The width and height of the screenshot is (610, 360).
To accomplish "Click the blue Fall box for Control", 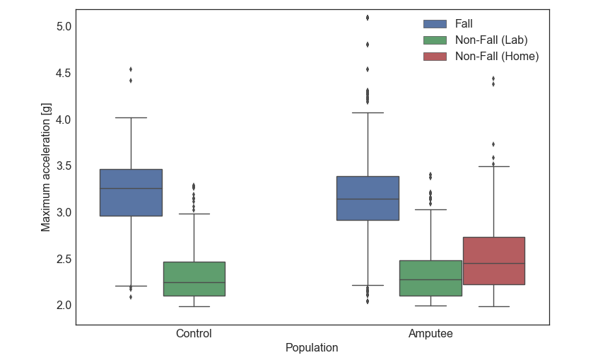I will coord(131,192).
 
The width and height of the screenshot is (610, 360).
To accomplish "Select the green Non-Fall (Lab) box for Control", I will coord(194,279).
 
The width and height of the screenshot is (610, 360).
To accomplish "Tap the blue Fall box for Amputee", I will coord(368,198).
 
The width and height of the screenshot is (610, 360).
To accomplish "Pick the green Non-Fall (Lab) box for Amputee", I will coord(430,278).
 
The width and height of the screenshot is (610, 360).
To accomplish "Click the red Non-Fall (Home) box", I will coord(493,261).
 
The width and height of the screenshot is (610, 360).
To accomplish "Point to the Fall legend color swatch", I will coord(435,24).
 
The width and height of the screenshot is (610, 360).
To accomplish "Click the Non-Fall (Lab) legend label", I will coord(491,40).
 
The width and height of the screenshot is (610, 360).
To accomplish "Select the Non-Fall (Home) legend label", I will coord(497,57).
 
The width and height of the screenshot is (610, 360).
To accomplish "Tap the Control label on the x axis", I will coord(194,333).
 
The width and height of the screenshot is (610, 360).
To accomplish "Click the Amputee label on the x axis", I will coord(430,333).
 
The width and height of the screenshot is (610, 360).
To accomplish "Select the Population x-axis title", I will coord(312,348).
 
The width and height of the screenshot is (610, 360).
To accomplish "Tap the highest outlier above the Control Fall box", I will coord(131,69).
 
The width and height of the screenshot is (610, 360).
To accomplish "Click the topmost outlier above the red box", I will coord(493,79).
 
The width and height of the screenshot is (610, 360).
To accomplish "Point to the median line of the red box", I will coord(493,263).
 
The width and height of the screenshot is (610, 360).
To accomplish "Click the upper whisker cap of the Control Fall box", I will coord(131,117).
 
